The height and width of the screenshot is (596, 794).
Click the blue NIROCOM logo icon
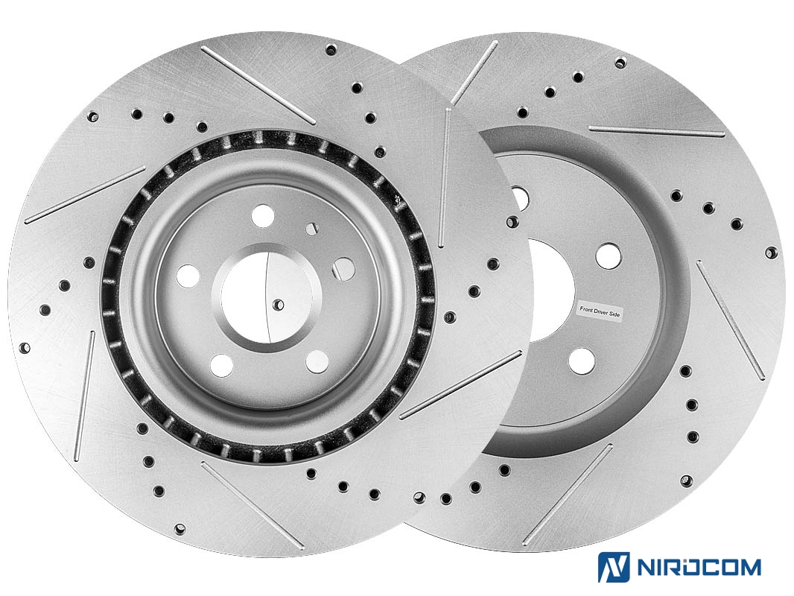pos(614,567)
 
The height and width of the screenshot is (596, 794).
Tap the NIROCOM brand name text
pos(699,567)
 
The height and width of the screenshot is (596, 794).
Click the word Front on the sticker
pos(588,309)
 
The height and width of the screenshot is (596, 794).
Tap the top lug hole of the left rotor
pos(263,216)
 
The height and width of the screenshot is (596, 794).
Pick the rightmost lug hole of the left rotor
pos(343,269)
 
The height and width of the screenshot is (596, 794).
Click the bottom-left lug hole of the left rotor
pos(221,365)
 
